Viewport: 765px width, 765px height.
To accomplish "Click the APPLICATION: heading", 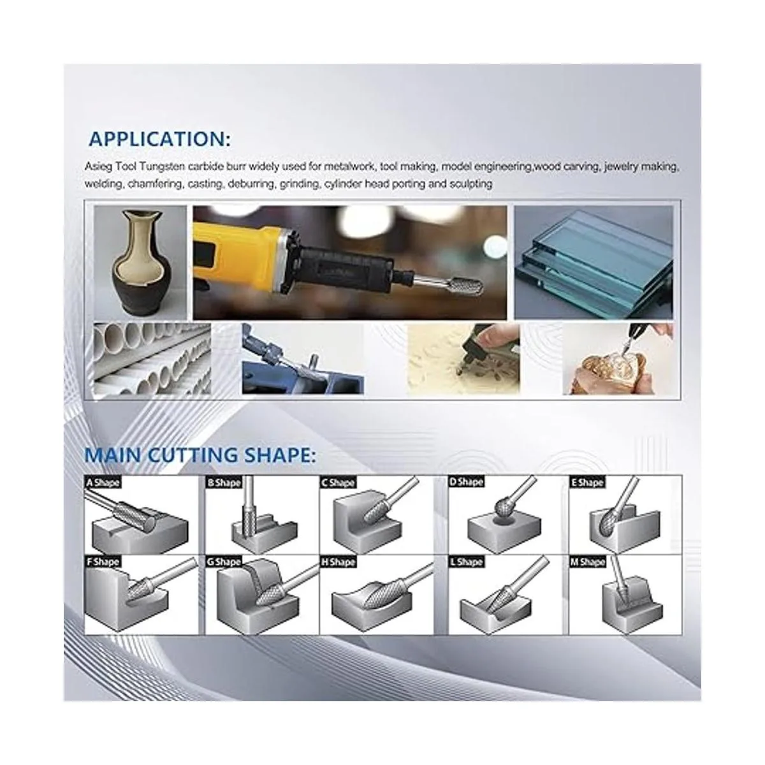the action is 159,139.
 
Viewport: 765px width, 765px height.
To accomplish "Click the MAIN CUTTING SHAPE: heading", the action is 200,455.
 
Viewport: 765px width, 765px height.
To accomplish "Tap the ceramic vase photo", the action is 140,263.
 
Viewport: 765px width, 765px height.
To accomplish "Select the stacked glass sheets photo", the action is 594,263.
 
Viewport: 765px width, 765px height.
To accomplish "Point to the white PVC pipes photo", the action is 152,359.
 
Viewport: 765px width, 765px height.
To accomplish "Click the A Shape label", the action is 103,483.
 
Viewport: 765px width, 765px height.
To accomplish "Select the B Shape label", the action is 224,483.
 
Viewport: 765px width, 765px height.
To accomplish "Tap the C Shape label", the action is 339,483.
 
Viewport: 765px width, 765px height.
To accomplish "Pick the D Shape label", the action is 466,482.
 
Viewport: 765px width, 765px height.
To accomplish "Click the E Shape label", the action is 587,483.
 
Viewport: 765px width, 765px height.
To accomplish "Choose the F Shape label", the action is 103,562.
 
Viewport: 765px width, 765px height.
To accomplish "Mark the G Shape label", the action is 224,562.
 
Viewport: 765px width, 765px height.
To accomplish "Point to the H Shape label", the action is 339,562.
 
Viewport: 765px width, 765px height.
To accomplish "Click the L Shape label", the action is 466,562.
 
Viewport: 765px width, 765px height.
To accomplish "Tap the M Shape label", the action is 588,562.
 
